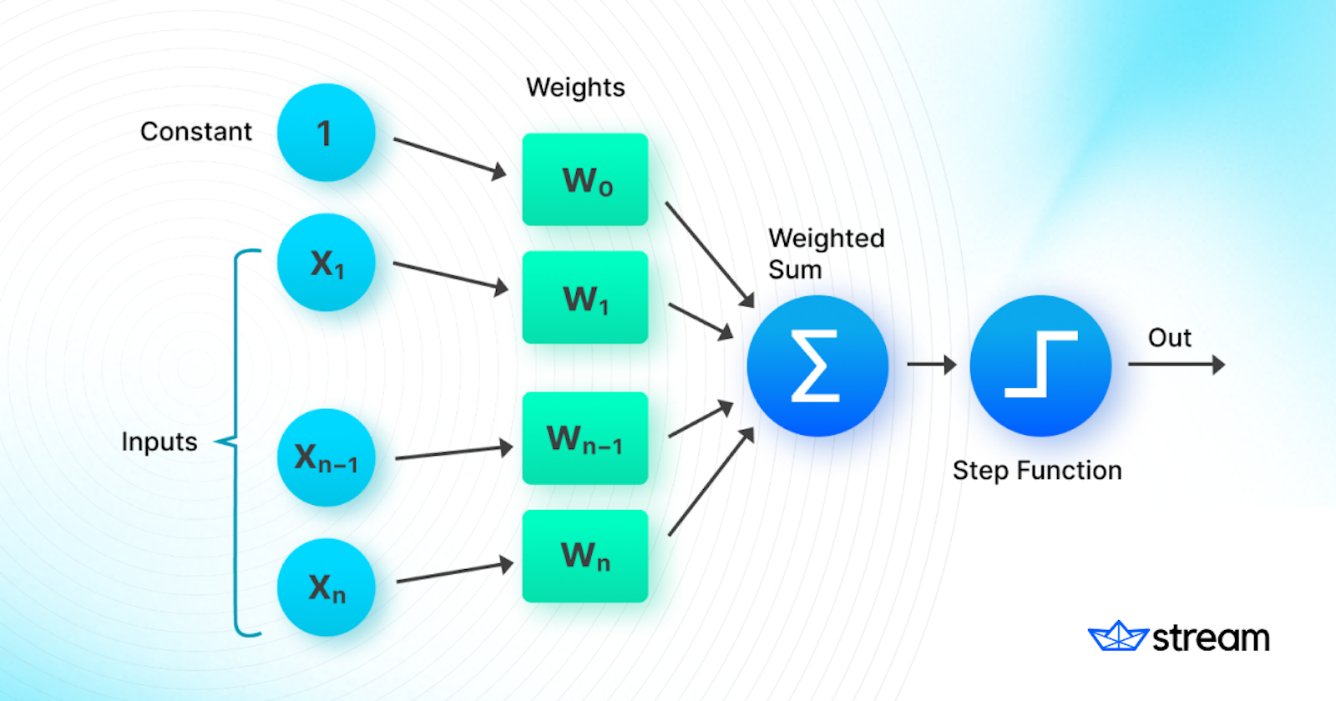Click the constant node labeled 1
pos(326,133)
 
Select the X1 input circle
pos(326,263)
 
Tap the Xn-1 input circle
pos(326,457)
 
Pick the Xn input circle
pos(326,588)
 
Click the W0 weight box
pos(585,179)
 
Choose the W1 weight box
pos(585,297)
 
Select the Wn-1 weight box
pos(585,438)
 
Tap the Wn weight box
pos(585,556)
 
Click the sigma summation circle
pos(817,366)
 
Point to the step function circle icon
pos(1040,366)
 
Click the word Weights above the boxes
pos(575,88)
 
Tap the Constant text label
pos(195,132)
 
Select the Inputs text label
pos(159,441)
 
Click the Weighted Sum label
pos(825,254)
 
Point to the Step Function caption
pos(1037,471)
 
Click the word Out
pos(1169,338)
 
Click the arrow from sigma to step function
pos(930,365)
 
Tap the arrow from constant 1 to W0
pos(449,157)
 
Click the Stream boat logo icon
pos(1118,637)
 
